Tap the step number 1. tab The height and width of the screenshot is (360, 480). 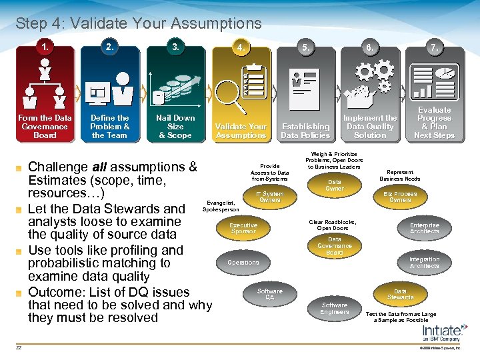click(x=45, y=47)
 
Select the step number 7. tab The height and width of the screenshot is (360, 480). click(x=435, y=48)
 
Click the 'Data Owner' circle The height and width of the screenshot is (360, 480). click(x=335, y=185)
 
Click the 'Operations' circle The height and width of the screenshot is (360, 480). click(x=243, y=263)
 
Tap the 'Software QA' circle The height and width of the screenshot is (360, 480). click(x=270, y=294)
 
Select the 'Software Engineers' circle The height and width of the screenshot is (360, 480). click(x=335, y=309)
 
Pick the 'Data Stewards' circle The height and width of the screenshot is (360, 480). click(x=400, y=294)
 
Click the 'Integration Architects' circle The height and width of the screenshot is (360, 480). click(x=425, y=263)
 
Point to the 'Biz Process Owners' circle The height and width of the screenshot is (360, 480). click(x=400, y=197)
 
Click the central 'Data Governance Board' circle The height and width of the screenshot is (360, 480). click(x=335, y=245)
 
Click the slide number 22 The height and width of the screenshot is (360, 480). click(x=20, y=347)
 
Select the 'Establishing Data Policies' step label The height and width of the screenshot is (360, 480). click(x=305, y=131)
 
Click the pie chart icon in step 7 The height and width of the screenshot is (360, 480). click(x=445, y=73)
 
